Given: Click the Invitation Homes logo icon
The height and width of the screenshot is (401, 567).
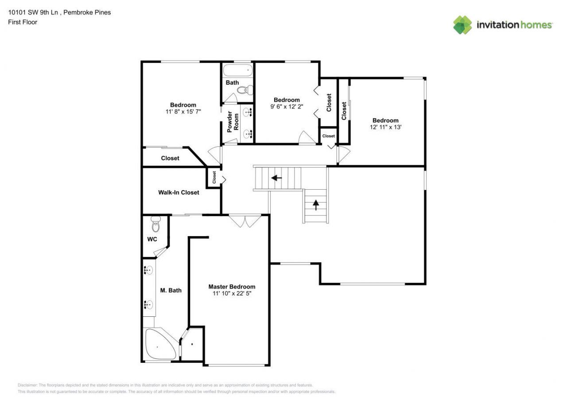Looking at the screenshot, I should pyautogui.click(x=462, y=25).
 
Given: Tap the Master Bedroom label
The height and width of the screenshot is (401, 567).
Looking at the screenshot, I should pyautogui.click(x=232, y=287).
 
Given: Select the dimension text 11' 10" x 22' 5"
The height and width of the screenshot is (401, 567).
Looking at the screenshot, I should pyautogui.click(x=232, y=293).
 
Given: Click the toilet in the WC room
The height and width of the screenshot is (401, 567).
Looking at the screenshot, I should pyautogui.click(x=155, y=225).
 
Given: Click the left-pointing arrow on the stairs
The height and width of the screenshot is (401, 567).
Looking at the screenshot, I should pyautogui.click(x=276, y=178).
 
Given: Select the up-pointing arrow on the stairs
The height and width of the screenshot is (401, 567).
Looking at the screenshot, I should pyautogui.click(x=316, y=205).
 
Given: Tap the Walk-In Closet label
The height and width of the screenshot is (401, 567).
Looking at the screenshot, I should pyautogui.click(x=179, y=192).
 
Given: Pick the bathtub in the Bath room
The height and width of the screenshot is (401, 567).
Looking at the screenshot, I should pyautogui.click(x=237, y=70).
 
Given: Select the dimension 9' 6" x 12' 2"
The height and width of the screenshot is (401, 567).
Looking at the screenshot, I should pyautogui.click(x=287, y=106).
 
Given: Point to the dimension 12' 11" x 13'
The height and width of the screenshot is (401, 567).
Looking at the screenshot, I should pyautogui.click(x=385, y=127).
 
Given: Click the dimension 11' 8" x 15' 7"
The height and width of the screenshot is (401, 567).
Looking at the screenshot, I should pyautogui.click(x=183, y=112).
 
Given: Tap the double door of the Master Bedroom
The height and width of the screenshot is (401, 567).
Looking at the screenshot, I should pyautogui.click(x=245, y=221).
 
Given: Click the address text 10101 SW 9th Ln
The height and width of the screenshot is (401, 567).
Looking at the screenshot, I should pyautogui.click(x=33, y=12).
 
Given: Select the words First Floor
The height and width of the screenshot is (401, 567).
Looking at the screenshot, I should pyautogui.click(x=23, y=22).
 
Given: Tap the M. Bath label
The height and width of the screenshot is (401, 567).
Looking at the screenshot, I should pyautogui.click(x=171, y=290).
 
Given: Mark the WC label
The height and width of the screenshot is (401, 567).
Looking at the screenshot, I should pyautogui.click(x=152, y=239).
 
